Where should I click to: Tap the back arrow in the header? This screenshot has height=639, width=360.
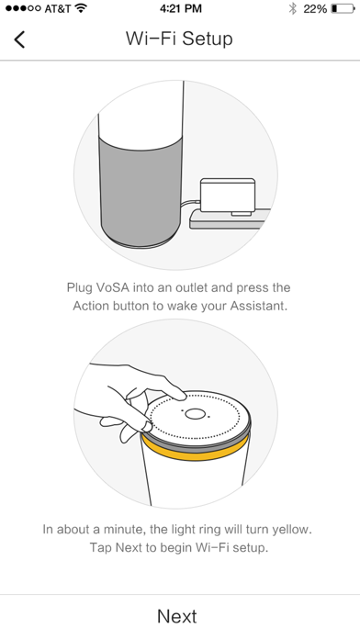click(x=19, y=39)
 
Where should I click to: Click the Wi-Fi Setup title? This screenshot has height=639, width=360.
click(x=179, y=39)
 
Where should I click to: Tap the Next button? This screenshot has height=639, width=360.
click(x=177, y=616)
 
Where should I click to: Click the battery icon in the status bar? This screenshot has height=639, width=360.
click(x=343, y=8)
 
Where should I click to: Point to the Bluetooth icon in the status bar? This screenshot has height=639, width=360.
click(x=292, y=8)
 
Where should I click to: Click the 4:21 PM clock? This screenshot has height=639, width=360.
click(x=181, y=8)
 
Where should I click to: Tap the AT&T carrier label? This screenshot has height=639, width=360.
click(x=58, y=8)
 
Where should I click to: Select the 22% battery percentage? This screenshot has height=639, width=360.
click(x=315, y=8)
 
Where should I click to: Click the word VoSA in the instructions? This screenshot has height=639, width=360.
click(x=114, y=287)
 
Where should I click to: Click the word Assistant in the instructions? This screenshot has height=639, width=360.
click(x=258, y=306)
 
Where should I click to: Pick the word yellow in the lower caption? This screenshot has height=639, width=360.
click(x=291, y=530)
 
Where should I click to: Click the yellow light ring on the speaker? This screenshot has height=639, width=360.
click(x=197, y=450)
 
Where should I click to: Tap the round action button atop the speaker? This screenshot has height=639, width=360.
click(x=195, y=414)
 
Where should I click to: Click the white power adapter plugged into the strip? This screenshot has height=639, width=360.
click(x=228, y=196)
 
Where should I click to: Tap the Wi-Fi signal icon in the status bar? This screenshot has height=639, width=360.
click(x=82, y=8)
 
